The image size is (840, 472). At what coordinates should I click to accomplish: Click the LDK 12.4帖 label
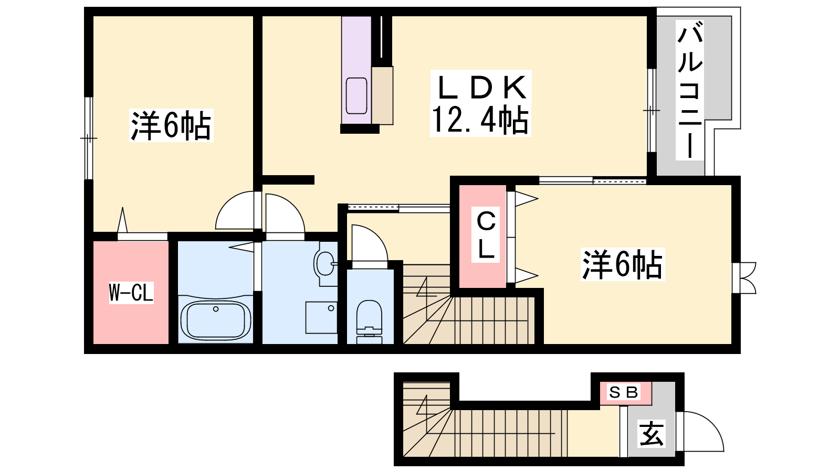tap(480, 103)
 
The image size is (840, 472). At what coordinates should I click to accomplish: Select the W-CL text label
tap(131, 293)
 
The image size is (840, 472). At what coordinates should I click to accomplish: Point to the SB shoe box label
tap(624, 392)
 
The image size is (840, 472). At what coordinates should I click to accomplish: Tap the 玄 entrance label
tap(652, 434)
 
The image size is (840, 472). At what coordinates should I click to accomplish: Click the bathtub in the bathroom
tap(216, 320)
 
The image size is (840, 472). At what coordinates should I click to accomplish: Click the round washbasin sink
tap(325, 263)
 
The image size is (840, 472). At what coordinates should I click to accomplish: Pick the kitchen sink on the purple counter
tap(356, 96)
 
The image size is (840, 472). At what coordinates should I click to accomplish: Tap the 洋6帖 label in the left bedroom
tap(171, 125)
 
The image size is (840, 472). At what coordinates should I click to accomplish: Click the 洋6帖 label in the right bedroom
tap(623, 264)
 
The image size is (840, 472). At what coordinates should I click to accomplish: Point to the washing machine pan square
tap(321, 318)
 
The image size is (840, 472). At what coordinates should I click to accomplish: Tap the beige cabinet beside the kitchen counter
tap(382, 95)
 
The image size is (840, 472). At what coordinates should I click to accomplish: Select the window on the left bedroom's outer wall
tap(89, 138)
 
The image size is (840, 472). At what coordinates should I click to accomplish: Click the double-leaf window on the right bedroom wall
tap(744, 277)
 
